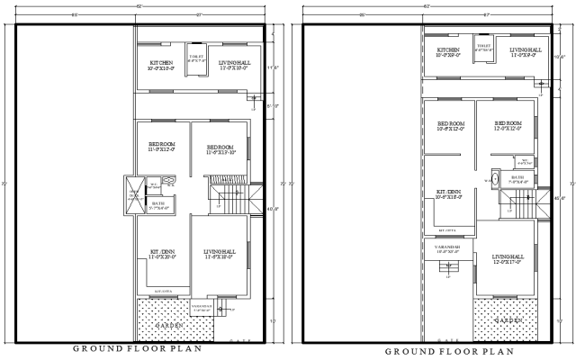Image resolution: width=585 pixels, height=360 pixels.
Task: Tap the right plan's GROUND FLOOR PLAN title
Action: (x=449, y=351)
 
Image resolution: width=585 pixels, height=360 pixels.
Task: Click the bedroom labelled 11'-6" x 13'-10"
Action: (x=220, y=150)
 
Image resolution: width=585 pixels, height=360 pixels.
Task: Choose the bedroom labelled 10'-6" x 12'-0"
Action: (x=449, y=127)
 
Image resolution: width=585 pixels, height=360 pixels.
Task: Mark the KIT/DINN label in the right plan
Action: (x=448, y=193)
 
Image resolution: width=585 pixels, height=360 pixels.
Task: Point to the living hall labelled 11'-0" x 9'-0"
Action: (x=525, y=52)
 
